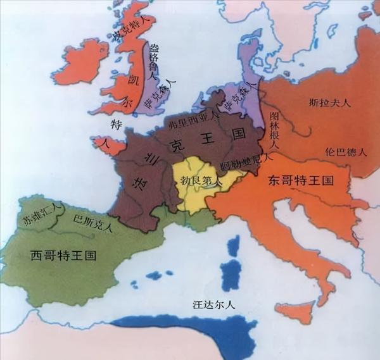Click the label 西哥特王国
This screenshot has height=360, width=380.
pos(63,256)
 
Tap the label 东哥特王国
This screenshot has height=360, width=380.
pos(300,180)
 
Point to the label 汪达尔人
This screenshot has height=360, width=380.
pos(214,304)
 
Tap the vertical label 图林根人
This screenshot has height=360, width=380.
pos(274,127)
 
